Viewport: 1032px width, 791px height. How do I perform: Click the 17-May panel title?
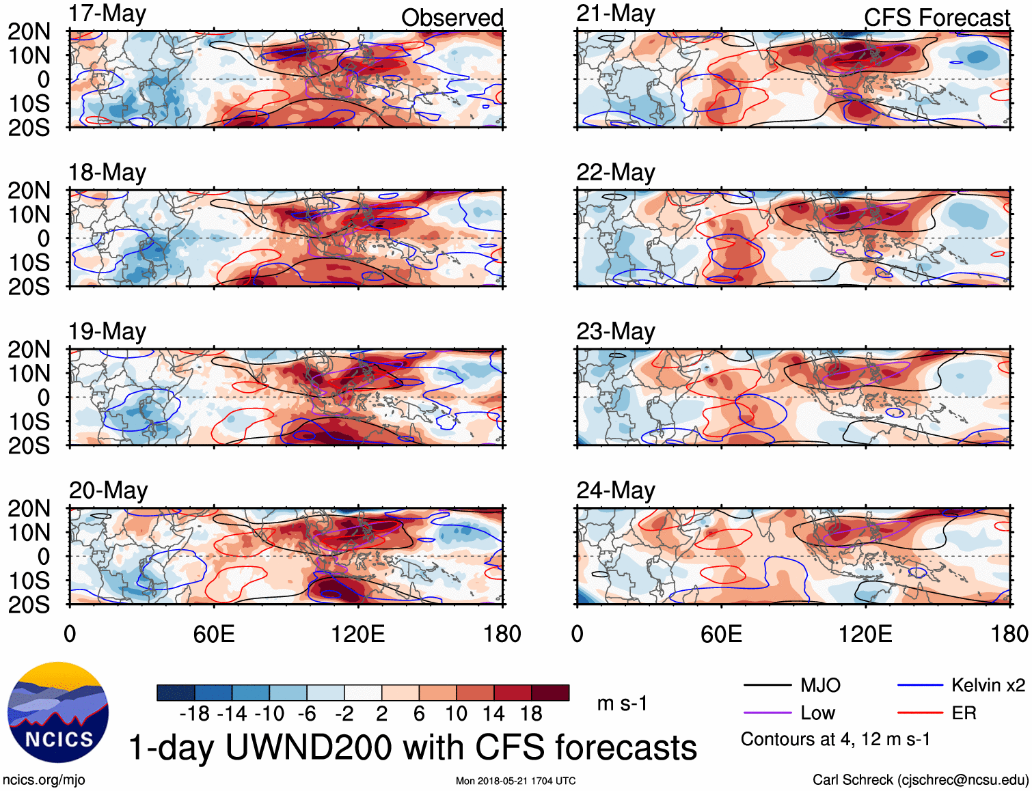[x=107, y=14]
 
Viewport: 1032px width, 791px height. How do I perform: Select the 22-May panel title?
[x=615, y=173]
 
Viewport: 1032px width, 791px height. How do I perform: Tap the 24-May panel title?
[x=615, y=490]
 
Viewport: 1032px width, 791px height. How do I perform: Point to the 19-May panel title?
[x=107, y=332]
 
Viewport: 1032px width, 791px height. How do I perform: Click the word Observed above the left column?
[x=452, y=18]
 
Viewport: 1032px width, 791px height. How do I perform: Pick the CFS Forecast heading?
[x=936, y=18]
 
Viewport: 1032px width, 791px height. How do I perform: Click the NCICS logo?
[x=58, y=712]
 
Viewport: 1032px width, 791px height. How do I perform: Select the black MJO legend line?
[x=767, y=685]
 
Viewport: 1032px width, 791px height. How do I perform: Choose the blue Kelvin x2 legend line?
[x=920, y=685]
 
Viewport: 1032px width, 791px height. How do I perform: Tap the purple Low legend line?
[x=767, y=713]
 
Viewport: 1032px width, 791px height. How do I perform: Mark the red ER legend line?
[x=920, y=713]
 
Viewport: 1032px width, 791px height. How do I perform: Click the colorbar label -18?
[x=195, y=714]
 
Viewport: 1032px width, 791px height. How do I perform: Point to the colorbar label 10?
[x=456, y=714]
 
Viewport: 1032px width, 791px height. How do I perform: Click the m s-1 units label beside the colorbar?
[x=622, y=704]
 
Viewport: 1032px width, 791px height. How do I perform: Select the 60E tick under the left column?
[x=214, y=634]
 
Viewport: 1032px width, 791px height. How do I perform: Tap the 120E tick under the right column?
[x=865, y=634]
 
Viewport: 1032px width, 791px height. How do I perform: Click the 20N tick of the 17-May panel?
[x=29, y=31]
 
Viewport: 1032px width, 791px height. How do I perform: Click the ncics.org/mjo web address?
[x=44, y=780]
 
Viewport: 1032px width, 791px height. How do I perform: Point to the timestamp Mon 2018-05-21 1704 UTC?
[x=516, y=781]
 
